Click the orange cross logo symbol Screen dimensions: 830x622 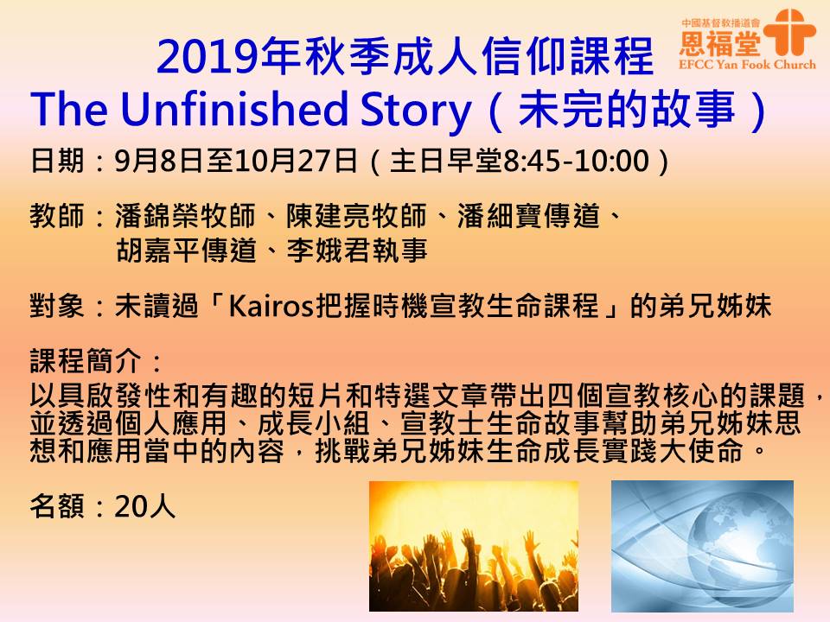click(x=789, y=32)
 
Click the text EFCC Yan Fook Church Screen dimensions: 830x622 click(x=747, y=65)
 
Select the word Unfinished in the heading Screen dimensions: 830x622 click(x=235, y=109)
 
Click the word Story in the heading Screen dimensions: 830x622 click(x=416, y=111)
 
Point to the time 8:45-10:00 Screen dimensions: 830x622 click(x=576, y=161)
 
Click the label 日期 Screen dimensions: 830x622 click(x=57, y=161)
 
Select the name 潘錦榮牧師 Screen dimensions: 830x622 click(x=185, y=216)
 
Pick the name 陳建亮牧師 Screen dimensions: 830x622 click(x=356, y=216)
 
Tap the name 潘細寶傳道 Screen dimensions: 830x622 click(x=528, y=216)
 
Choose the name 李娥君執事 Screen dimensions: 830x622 click(x=357, y=251)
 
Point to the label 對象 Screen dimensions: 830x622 click(x=57, y=307)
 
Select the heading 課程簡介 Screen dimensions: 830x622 click(x=86, y=362)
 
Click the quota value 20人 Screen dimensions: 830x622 click(x=144, y=506)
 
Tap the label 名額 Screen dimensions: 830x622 click(x=57, y=506)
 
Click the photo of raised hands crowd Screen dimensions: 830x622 click(x=473, y=546)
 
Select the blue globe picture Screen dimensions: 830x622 click(x=702, y=546)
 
